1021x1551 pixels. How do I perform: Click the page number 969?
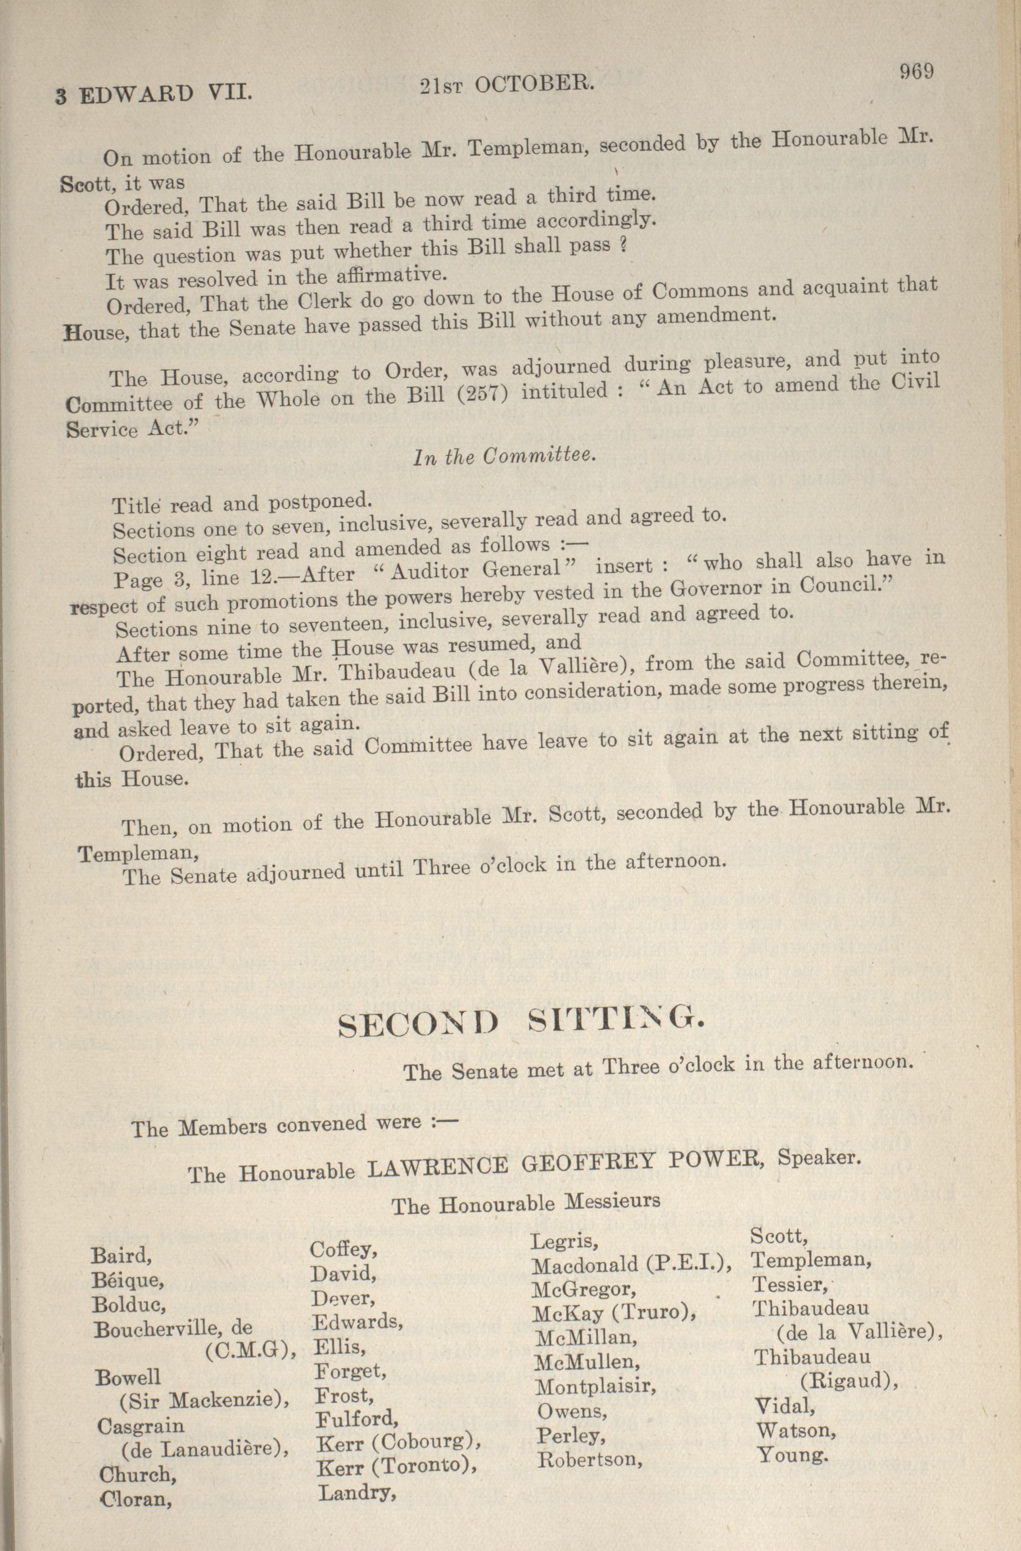916,70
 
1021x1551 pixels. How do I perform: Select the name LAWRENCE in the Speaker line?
437,1165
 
